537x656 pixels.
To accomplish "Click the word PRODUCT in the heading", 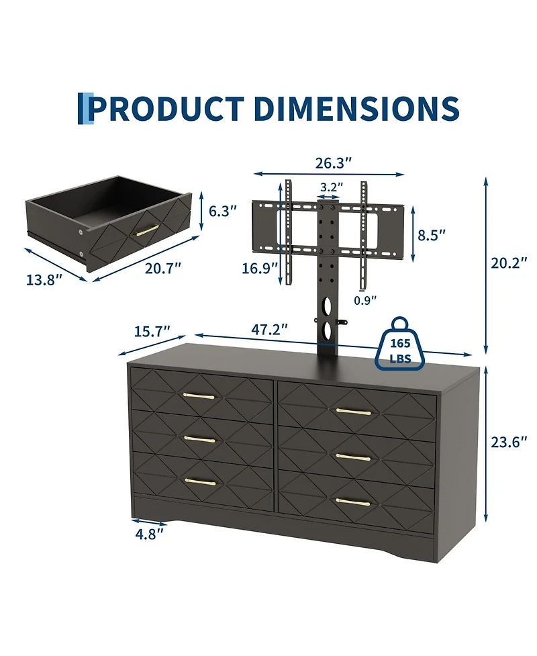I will (167, 109).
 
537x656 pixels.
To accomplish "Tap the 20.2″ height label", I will (505, 264).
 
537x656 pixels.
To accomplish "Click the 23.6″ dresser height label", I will (505, 442).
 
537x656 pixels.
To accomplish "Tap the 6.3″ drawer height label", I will (223, 211).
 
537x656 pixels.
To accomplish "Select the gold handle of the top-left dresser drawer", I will (199, 395).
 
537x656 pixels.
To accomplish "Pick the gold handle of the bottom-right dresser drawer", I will (353, 502).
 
